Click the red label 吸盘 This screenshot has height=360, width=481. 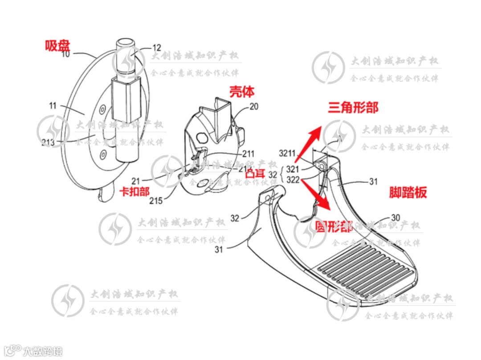[58, 45]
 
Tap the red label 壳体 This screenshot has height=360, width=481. [242, 92]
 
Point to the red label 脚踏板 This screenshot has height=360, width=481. [408, 192]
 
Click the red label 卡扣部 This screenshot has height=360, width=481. [135, 191]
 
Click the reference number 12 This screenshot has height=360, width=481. [157, 47]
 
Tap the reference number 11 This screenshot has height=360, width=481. [53, 106]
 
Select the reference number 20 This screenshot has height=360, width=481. [254, 107]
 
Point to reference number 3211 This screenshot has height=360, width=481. [287, 154]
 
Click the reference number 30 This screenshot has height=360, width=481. [395, 218]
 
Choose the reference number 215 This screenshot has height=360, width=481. [156, 201]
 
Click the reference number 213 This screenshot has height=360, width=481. [48, 142]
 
